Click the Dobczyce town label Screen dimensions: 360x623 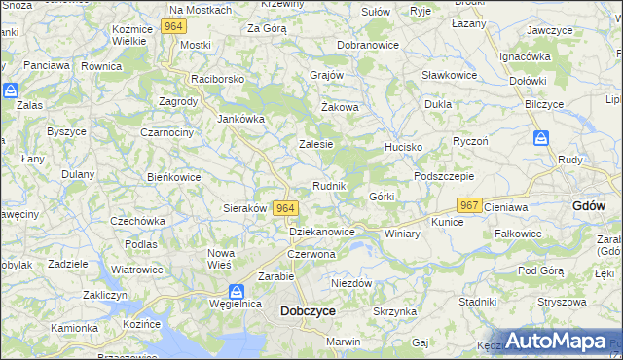[308, 311]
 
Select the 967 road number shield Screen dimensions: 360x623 [470, 205]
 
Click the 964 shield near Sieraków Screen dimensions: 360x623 [285, 208]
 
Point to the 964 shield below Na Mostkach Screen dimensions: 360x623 [174, 26]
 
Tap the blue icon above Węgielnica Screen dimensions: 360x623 [236, 291]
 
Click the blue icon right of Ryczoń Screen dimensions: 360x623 [540, 139]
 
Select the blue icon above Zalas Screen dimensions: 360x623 [11, 90]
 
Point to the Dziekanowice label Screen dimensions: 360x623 [322, 233]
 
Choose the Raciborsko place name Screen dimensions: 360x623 [218, 79]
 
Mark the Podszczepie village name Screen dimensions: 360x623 [444, 176]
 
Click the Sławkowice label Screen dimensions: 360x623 [449, 75]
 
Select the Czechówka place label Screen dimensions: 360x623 [136, 221]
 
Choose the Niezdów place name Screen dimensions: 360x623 [351, 283]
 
